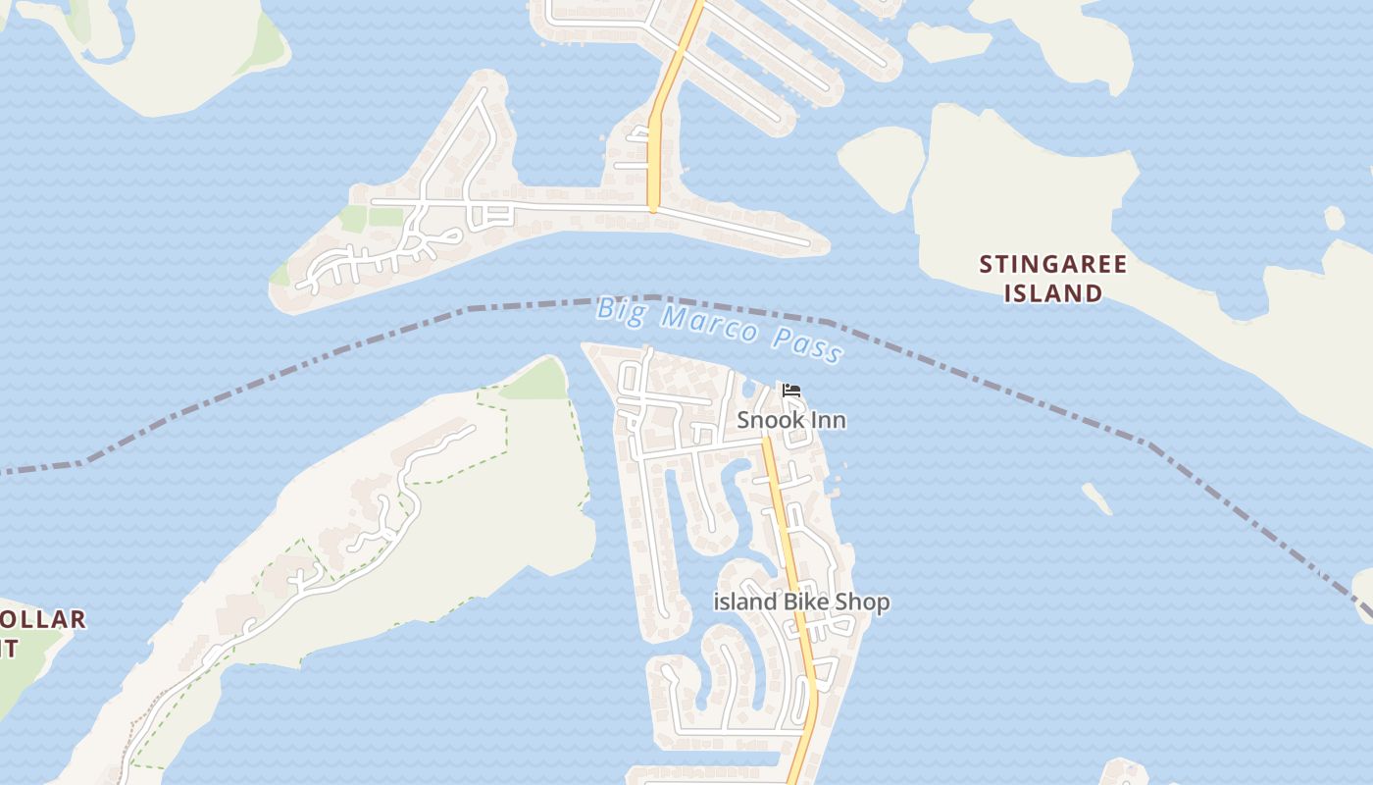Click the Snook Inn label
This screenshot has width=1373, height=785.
[x=790, y=420]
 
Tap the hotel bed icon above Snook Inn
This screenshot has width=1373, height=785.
[x=791, y=391]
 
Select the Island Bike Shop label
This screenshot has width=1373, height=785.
[x=801, y=602]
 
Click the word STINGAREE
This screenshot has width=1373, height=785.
[x=1053, y=264]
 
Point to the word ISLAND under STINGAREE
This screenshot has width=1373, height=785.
[x=1053, y=292]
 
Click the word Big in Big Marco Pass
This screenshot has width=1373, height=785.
[x=623, y=308]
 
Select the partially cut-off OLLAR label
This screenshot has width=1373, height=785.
[x=43, y=620]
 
